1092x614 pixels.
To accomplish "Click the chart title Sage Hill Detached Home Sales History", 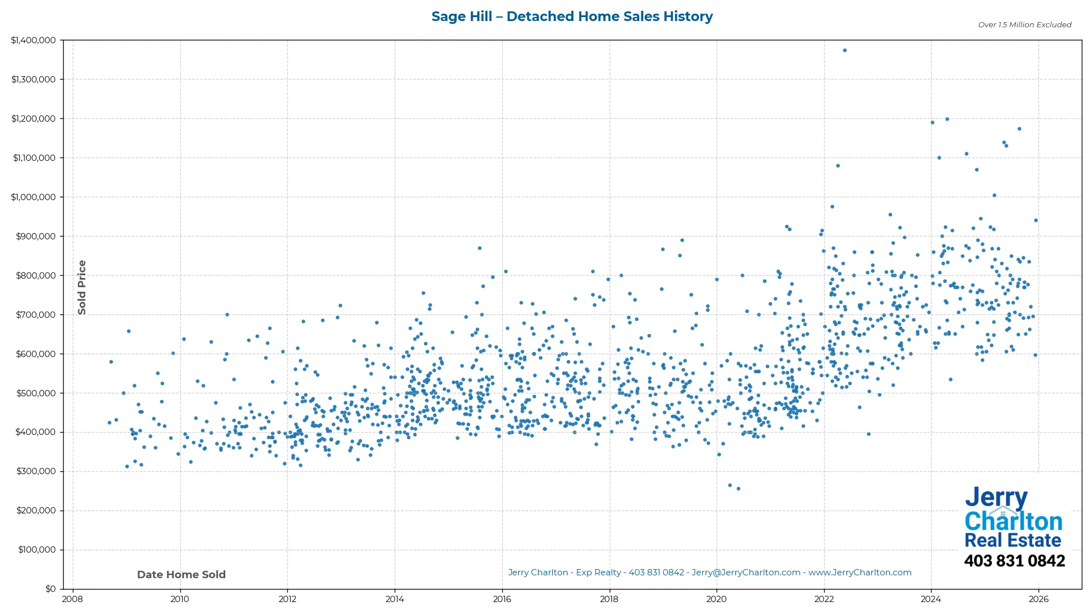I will pyautogui.click(x=572, y=16).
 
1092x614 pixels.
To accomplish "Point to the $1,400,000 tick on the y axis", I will pyautogui.click(x=34, y=40).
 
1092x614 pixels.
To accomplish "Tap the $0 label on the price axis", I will pyautogui.click(x=51, y=589).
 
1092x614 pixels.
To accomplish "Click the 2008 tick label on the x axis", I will pyautogui.click(x=72, y=599).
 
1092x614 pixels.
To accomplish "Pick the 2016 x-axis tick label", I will pyautogui.click(x=502, y=599).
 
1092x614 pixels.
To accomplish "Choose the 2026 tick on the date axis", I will pyautogui.click(x=1039, y=599).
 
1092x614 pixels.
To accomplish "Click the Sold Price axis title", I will pyautogui.click(x=82, y=287).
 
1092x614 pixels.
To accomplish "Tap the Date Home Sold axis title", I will pyautogui.click(x=181, y=575).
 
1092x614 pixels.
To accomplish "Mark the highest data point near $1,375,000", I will pyautogui.click(x=845, y=51).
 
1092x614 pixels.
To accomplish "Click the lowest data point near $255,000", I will pyautogui.click(x=738, y=489).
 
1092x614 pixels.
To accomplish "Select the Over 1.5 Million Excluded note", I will pyautogui.click(x=1024, y=25).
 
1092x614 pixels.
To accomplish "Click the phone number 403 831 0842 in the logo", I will pyautogui.click(x=1014, y=561).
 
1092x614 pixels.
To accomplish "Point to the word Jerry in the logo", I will pyautogui.click(x=996, y=498).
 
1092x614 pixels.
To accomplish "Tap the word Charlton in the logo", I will pyautogui.click(x=1013, y=521).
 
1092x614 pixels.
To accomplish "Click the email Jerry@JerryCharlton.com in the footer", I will pyautogui.click(x=746, y=573).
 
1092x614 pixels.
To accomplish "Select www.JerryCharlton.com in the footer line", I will pyautogui.click(x=860, y=573).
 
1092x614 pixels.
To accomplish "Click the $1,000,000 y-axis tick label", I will pyautogui.click(x=34, y=197).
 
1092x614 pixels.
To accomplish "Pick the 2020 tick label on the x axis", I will pyautogui.click(x=717, y=599).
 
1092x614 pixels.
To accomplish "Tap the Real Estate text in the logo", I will pyautogui.click(x=1012, y=541).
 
